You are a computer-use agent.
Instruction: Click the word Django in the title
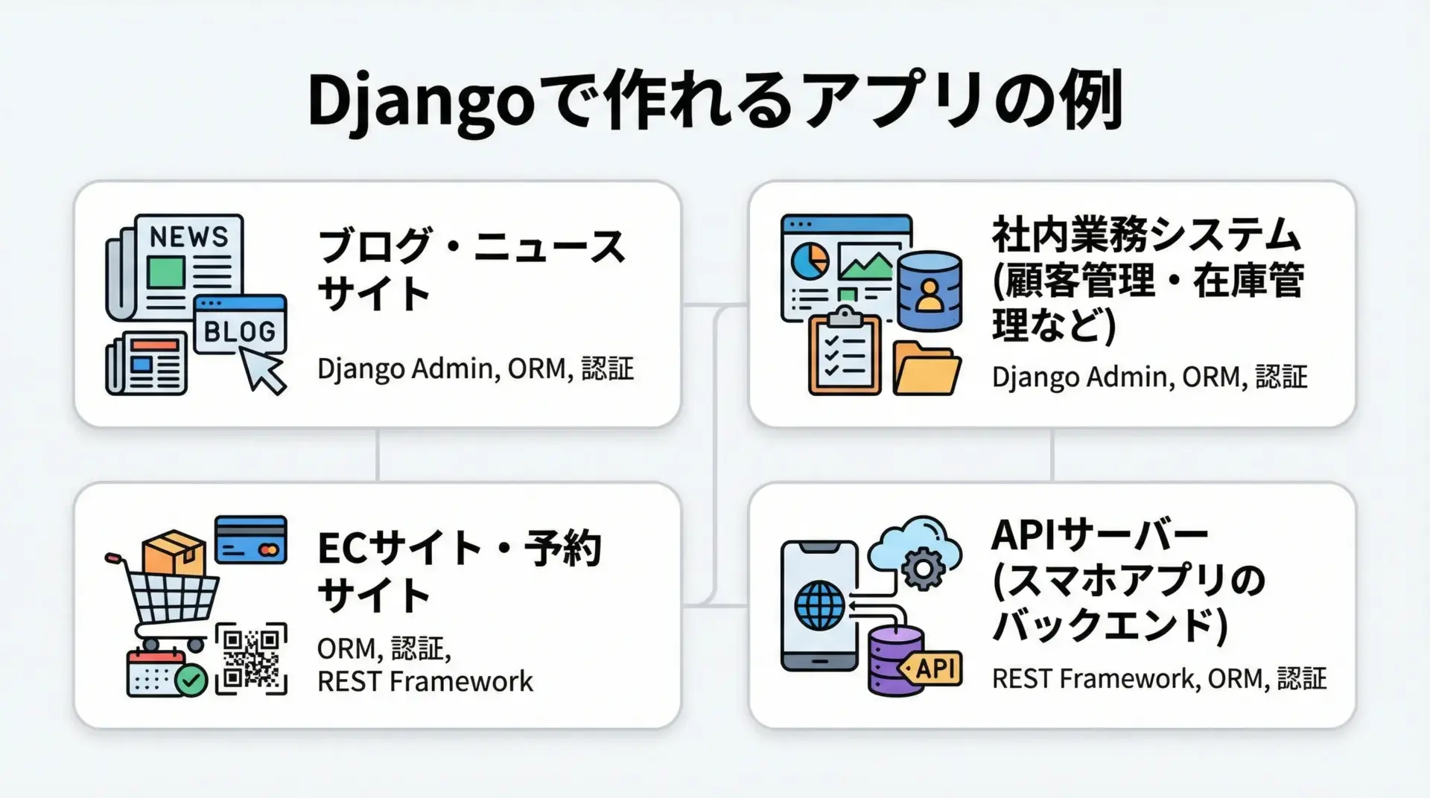click(x=421, y=102)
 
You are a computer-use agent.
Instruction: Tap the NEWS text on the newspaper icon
click(x=189, y=237)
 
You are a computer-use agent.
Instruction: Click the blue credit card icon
click(x=250, y=540)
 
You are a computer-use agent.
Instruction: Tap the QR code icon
click(x=251, y=659)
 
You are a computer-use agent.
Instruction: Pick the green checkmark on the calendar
click(x=191, y=680)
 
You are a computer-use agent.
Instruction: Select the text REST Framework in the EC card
click(x=425, y=681)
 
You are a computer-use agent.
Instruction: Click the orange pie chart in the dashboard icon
click(x=810, y=260)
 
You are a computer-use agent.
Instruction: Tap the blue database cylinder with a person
click(x=929, y=291)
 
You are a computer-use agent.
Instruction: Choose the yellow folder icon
click(x=927, y=368)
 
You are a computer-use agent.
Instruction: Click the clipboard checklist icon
click(x=845, y=351)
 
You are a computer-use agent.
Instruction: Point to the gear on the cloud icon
click(x=923, y=568)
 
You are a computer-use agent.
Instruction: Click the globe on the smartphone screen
click(x=820, y=605)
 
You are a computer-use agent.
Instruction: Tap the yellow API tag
click(x=931, y=668)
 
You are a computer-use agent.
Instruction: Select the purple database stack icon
click(x=896, y=661)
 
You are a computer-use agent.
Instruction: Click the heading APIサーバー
click(x=1099, y=534)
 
